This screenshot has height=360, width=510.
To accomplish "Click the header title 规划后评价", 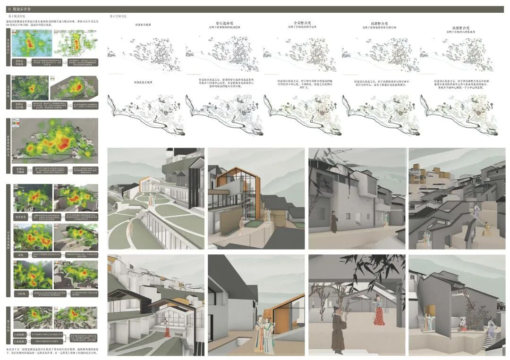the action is point(22,8).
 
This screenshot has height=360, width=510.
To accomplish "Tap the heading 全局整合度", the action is point(301,22).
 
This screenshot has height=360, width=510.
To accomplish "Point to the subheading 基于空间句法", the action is point(118,16).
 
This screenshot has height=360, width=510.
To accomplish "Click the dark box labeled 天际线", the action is point(20,293).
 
